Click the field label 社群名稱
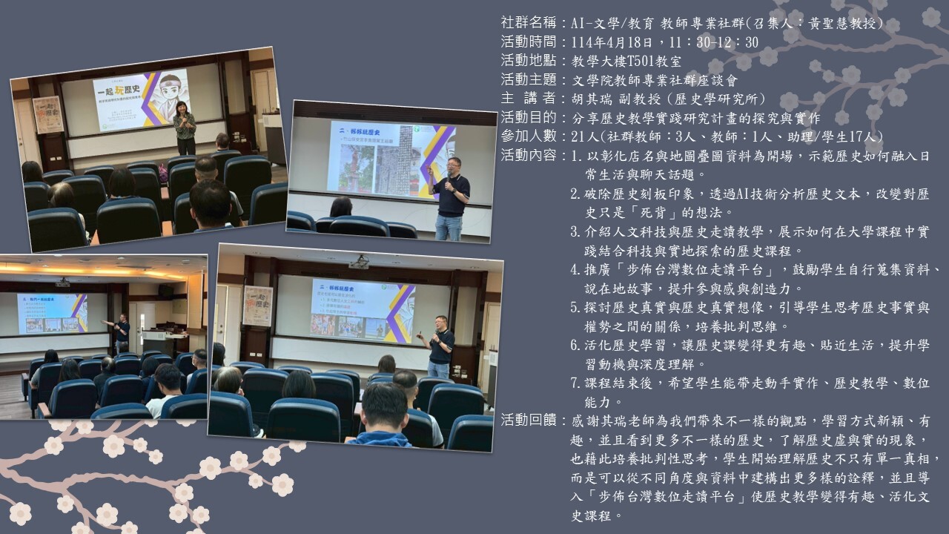529,23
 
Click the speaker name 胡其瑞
592,99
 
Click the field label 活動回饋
529,421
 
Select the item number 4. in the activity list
576,269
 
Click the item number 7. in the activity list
576,383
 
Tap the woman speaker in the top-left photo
185,128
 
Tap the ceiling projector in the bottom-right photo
359,262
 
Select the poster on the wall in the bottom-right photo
258,306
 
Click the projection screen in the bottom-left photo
53,314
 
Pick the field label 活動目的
529,117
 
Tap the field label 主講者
529,99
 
